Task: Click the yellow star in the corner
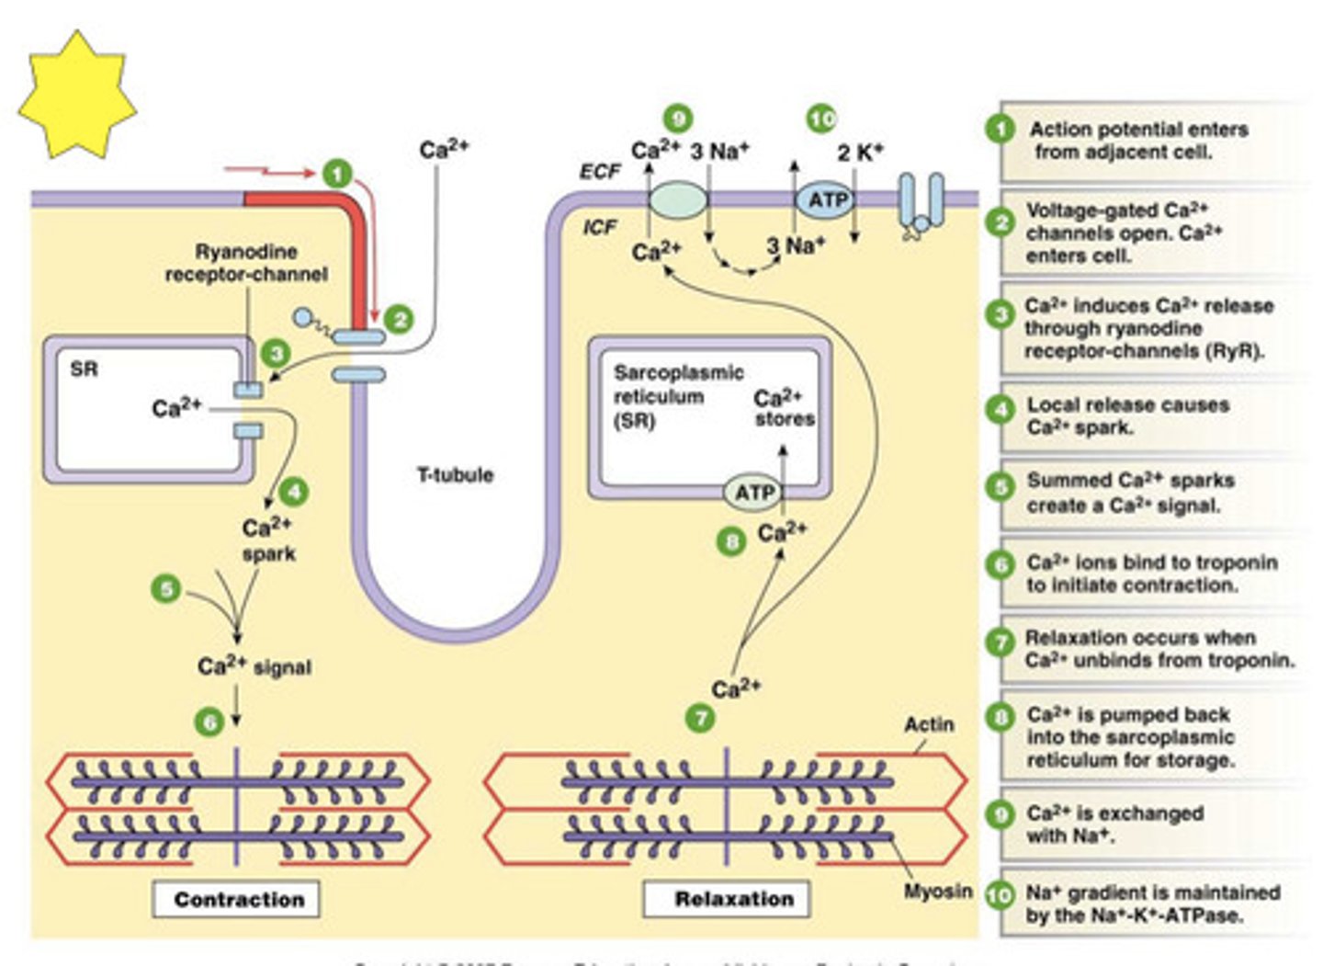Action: [77, 95]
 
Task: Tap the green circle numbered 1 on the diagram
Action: [337, 174]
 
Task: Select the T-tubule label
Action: [455, 475]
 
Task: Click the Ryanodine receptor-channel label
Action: [246, 263]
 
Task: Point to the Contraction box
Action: [238, 899]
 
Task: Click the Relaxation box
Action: [733, 899]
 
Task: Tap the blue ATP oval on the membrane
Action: [825, 200]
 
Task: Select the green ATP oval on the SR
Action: [753, 493]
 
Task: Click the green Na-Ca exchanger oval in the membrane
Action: [678, 199]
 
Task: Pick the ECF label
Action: [599, 172]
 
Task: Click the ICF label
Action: [599, 227]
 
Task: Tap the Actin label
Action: [929, 724]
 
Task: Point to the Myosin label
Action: [937, 891]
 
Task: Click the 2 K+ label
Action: [859, 153]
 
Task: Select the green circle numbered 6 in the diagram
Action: [209, 722]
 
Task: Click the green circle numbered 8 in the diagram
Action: [731, 542]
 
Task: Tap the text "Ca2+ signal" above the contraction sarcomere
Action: [254, 666]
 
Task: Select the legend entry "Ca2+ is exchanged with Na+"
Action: [1114, 824]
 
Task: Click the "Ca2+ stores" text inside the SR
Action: [783, 408]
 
